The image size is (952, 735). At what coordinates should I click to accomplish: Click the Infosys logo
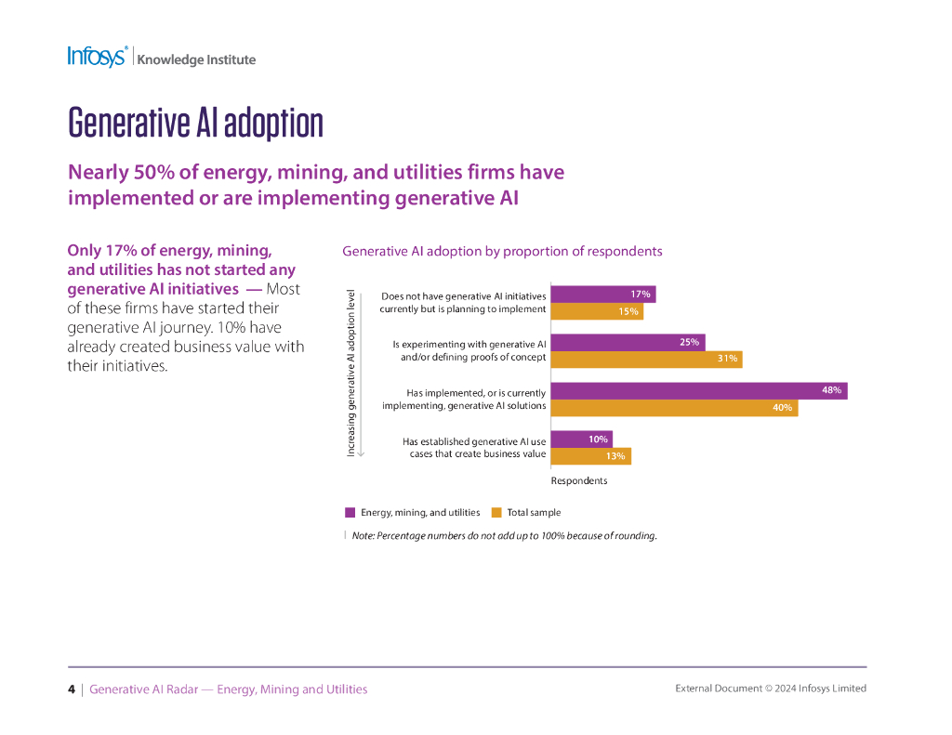coord(97,57)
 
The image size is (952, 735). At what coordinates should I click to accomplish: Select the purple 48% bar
coord(698,391)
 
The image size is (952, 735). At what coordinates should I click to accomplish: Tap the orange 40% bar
coord(674,407)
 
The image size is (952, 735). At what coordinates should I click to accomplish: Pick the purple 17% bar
coord(603,295)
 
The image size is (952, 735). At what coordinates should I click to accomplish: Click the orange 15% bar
coord(597,311)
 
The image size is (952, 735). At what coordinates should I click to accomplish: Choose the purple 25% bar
coord(628,342)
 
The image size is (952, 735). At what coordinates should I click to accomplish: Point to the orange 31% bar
coord(646,359)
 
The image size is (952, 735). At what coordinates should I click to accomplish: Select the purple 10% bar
coord(581,440)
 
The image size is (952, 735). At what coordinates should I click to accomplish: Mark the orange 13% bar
coord(590,455)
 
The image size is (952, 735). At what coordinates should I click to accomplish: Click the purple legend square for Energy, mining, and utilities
coord(350,512)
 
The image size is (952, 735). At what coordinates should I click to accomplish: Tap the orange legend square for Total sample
coord(496,512)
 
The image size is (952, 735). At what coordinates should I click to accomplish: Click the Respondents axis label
coord(579,480)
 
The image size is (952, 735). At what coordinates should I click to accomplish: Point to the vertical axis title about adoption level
coord(351,372)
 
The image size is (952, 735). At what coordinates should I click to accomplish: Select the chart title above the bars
coord(502,251)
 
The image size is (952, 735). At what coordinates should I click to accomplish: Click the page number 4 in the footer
coord(72,689)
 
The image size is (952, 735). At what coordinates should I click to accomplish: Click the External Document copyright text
coord(770,689)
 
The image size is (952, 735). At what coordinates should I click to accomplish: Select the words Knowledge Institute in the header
coord(196,59)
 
